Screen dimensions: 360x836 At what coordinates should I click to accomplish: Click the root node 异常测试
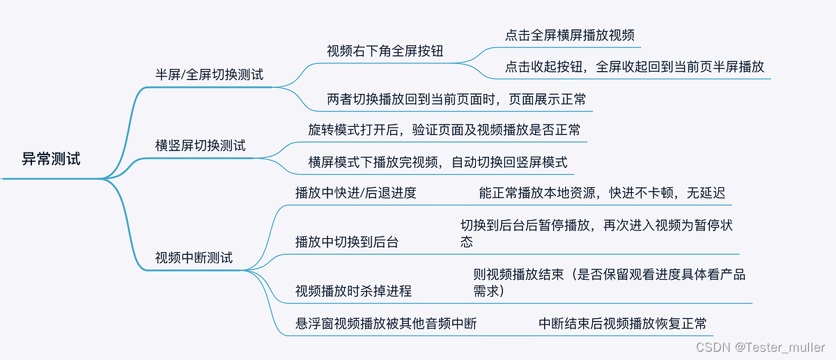51,159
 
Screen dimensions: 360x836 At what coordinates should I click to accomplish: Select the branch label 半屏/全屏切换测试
209,75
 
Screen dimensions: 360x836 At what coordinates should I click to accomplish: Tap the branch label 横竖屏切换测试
200,146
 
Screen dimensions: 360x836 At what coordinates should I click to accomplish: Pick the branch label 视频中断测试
194,258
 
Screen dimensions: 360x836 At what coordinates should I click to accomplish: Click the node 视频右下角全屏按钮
385,51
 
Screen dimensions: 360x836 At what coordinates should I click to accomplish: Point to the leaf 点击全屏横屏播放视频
569,35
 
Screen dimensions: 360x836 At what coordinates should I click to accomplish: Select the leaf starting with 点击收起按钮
634,67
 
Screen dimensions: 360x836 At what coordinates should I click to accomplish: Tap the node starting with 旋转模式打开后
444,130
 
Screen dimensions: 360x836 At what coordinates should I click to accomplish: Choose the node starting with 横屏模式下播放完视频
438,162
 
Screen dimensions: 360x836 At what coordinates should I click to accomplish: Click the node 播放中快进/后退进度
355,193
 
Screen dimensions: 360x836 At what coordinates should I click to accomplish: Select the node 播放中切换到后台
347,242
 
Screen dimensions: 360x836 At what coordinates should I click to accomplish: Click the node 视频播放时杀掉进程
353,290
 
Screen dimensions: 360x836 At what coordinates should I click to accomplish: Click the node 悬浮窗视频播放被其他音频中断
386,324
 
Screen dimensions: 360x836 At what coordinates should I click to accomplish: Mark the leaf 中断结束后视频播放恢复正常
622,324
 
